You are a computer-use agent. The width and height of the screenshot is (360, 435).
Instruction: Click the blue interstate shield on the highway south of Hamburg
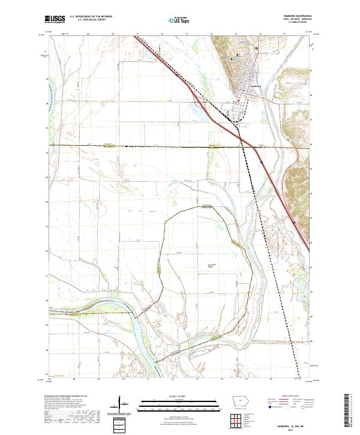[x=262, y=161]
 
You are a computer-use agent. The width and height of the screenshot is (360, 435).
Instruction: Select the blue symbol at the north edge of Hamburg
[x=256, y=47]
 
